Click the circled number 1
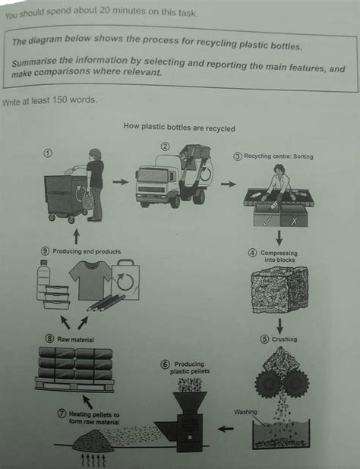tap(48, 153)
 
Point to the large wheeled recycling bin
tap(65, 194)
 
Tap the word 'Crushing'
tap(285, 339)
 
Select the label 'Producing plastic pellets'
tap(190, 368)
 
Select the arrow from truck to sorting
tap(228, 184)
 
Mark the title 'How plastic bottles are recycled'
tap(179, 128)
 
